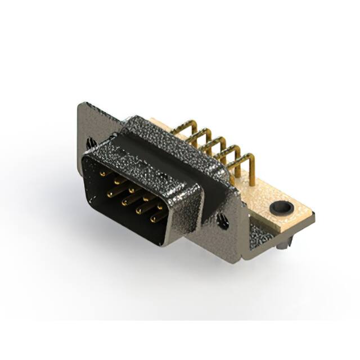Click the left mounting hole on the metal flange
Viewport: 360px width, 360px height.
click(x=91, y=143)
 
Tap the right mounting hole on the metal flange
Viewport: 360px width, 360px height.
click(x=223, y=222)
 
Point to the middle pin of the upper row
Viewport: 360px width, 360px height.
click(x=132, y=190)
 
